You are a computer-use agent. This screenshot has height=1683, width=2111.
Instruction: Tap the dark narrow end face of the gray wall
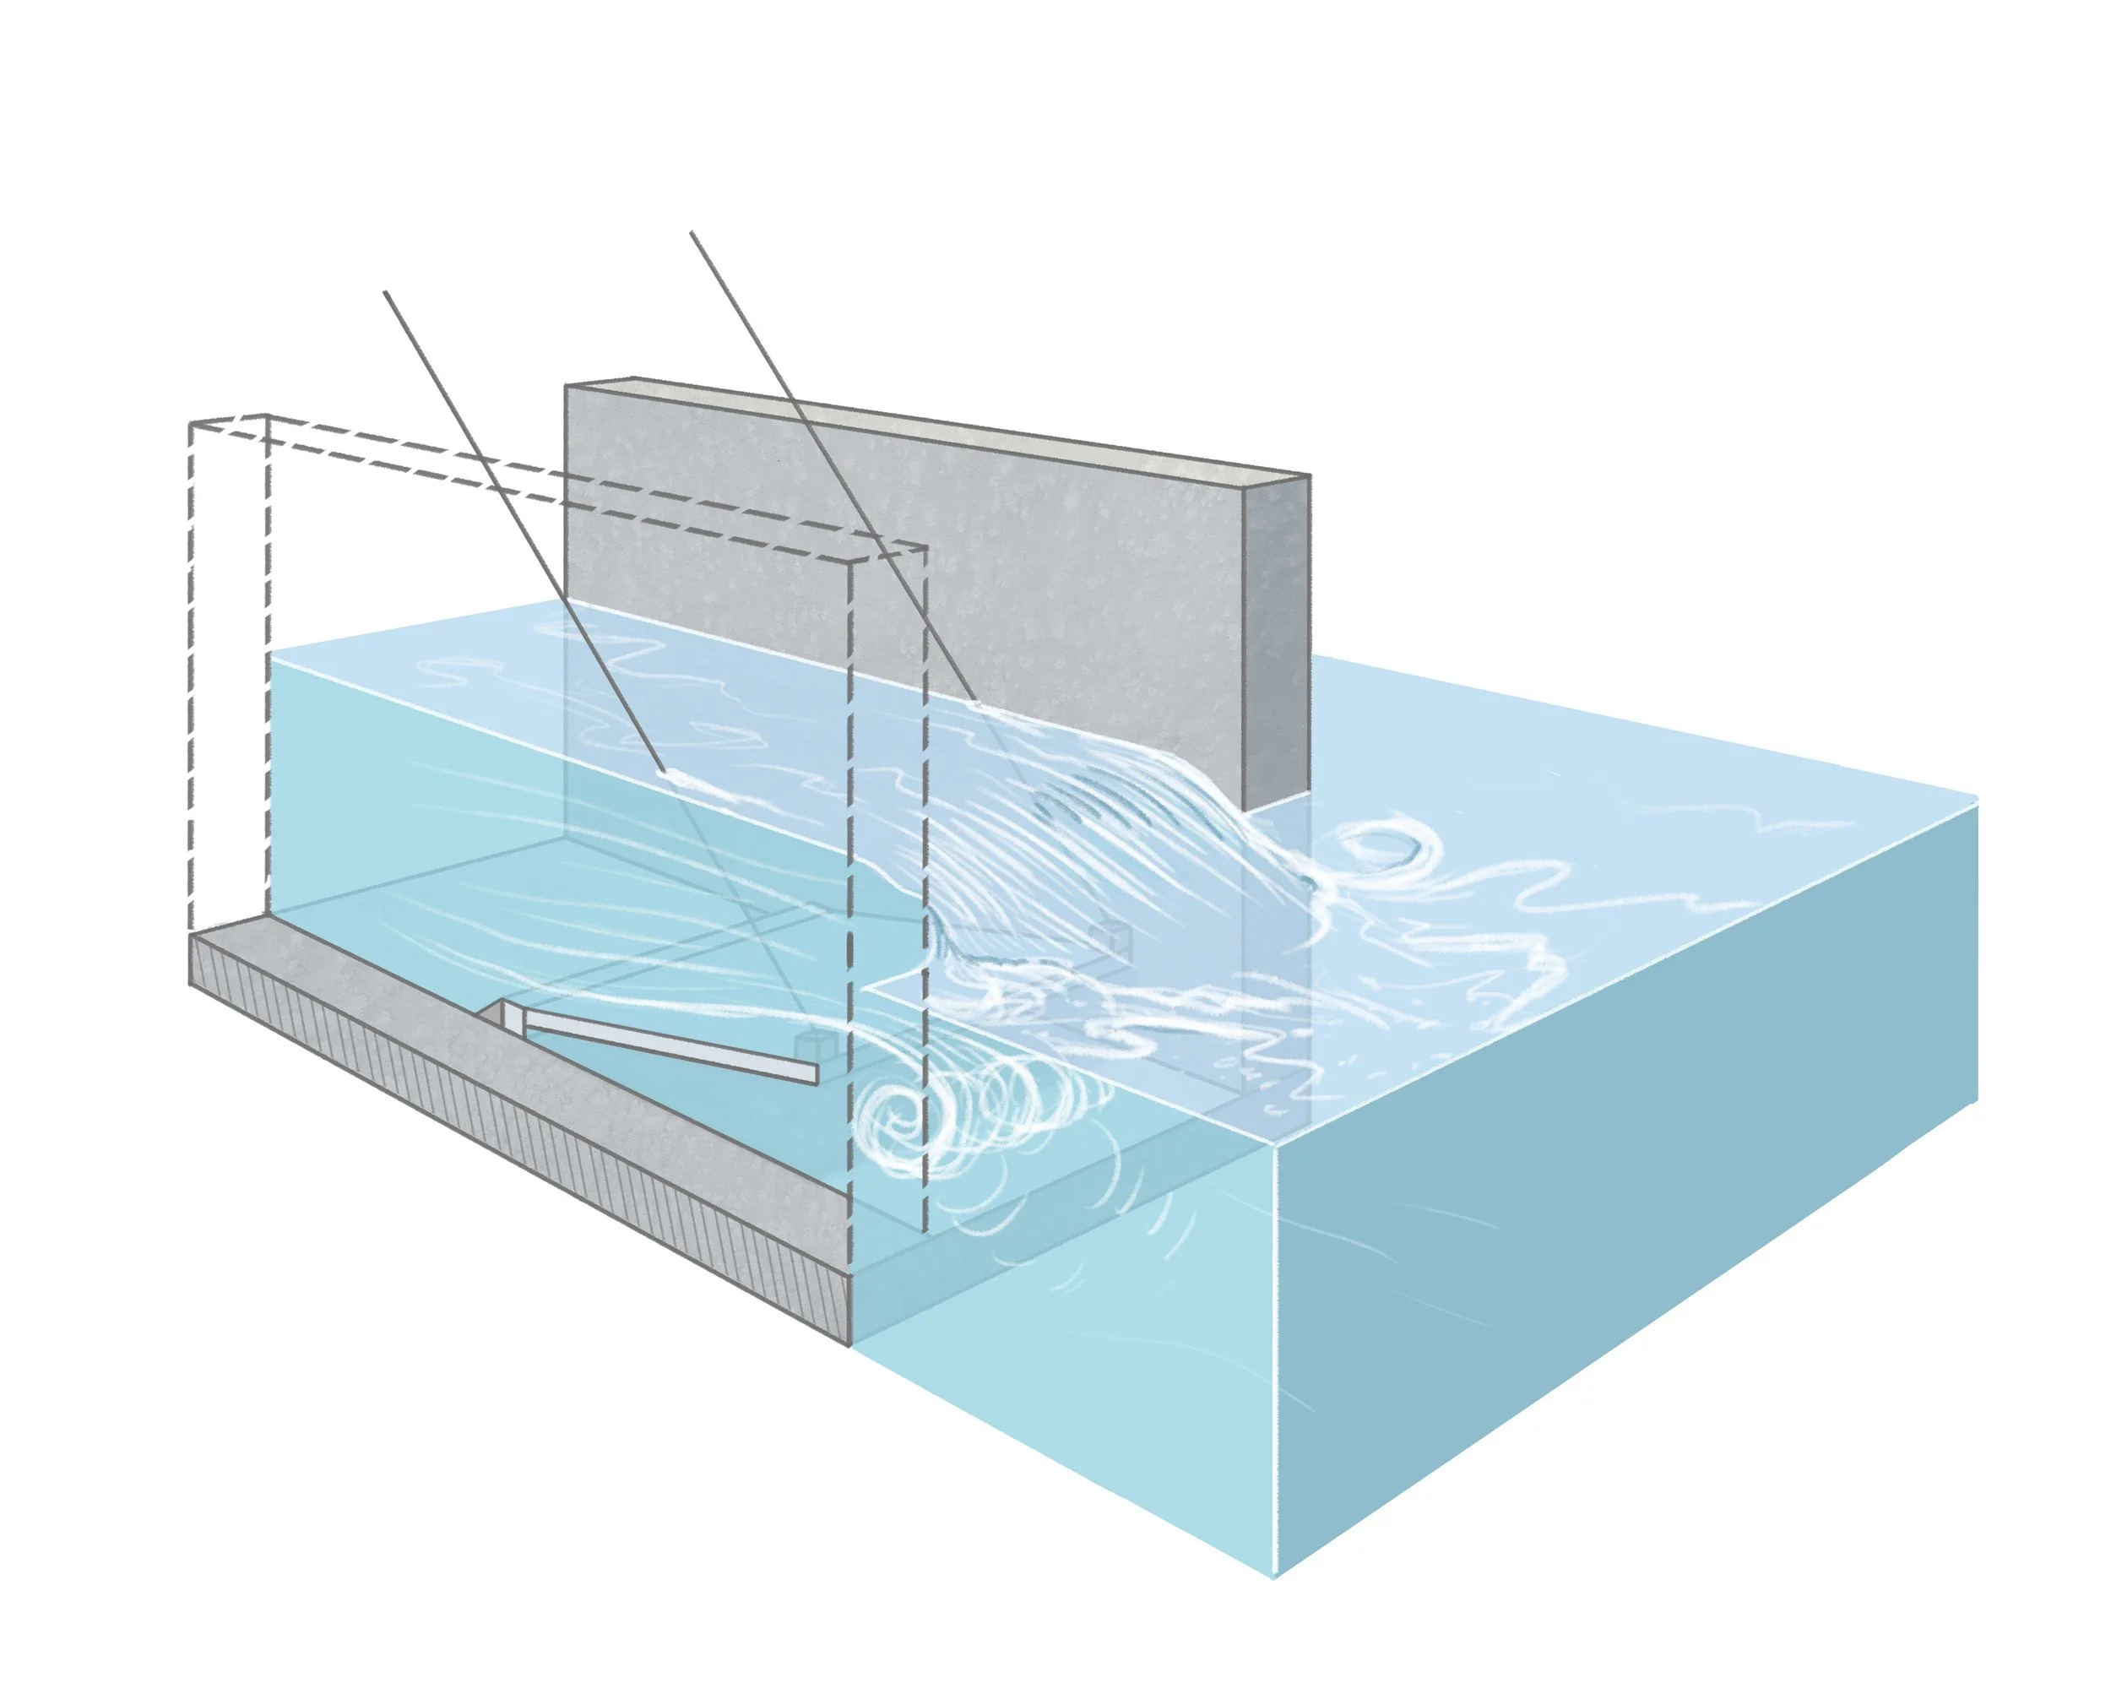1277,637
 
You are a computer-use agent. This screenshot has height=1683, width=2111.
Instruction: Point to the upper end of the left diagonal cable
386,293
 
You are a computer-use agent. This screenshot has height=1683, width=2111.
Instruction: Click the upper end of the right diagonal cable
692,233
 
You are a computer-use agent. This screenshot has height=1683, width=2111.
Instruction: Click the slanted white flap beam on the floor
665,1045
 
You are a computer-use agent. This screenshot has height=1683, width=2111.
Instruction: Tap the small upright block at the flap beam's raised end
511,1016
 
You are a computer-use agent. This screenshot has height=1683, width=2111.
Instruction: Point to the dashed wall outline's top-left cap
229,422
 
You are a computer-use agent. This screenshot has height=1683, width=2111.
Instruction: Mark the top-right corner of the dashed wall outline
925,549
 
